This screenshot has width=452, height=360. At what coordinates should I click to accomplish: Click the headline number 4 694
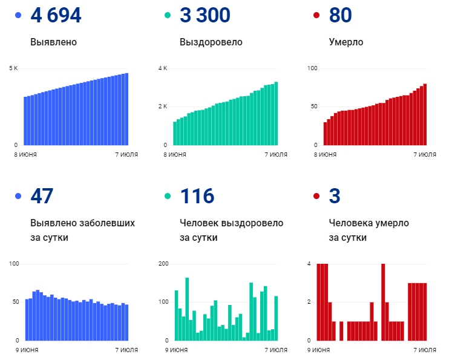pyautogui.click(x=56, y=16)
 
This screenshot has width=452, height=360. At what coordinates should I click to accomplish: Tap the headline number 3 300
pyautogui.click(x=205, y=16)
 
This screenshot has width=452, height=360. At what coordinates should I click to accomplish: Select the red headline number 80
pyautogui.click(x=340, y=16)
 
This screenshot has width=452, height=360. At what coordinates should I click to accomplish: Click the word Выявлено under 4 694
pyautogui.click(x=53, y=42)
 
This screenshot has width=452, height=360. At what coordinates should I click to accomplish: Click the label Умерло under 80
pyautogui.click(x=346, y=42)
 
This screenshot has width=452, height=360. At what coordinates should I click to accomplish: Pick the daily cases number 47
pyautogui.click(x=42, y=196)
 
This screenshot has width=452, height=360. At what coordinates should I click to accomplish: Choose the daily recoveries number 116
pyautogui.click(x=197, y=196)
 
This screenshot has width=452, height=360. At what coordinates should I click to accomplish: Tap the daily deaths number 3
pyautogui.click(x=335, y=196)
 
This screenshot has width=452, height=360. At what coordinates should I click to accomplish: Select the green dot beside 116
pyautogui.click(x=168, y=196)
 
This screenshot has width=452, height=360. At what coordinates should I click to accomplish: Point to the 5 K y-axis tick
pyautogui.click(x=13, y=68)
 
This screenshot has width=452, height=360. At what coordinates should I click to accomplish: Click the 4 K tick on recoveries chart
pyautogui.click(x=163, y=68)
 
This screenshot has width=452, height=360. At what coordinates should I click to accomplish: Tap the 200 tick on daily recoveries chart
pyautogui.click(x=163, y=264)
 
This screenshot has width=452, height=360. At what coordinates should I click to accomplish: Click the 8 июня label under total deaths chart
pyautogui.click(x=326, y=155)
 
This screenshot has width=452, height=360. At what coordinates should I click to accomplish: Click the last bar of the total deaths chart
pyautogui.click(x=425, y=114)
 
